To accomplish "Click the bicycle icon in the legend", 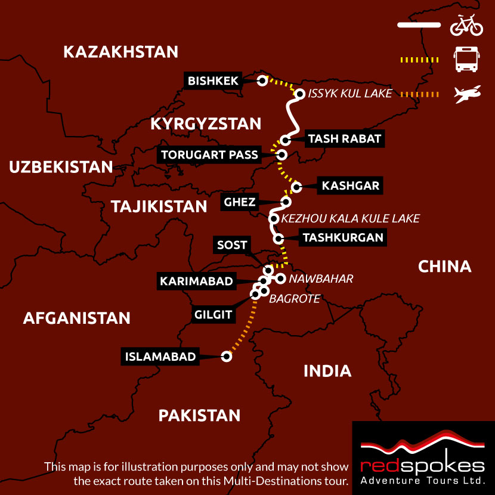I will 466,26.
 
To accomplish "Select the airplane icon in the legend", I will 467,94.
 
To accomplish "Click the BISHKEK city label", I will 213,81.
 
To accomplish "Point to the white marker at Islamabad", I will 226,357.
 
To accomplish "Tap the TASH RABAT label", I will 344,140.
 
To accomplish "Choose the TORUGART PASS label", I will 210,155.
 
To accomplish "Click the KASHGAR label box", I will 350,185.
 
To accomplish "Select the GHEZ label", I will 240,202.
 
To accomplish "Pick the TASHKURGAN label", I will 342,237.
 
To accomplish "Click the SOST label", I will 232,245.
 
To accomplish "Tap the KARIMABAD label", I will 196,281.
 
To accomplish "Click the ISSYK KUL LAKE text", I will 350,94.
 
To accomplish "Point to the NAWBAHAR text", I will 321,279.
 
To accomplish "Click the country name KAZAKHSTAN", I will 120,52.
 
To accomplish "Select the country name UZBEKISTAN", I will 61,167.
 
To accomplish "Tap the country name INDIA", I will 327,371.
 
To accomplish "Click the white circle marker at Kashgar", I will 296,187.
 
